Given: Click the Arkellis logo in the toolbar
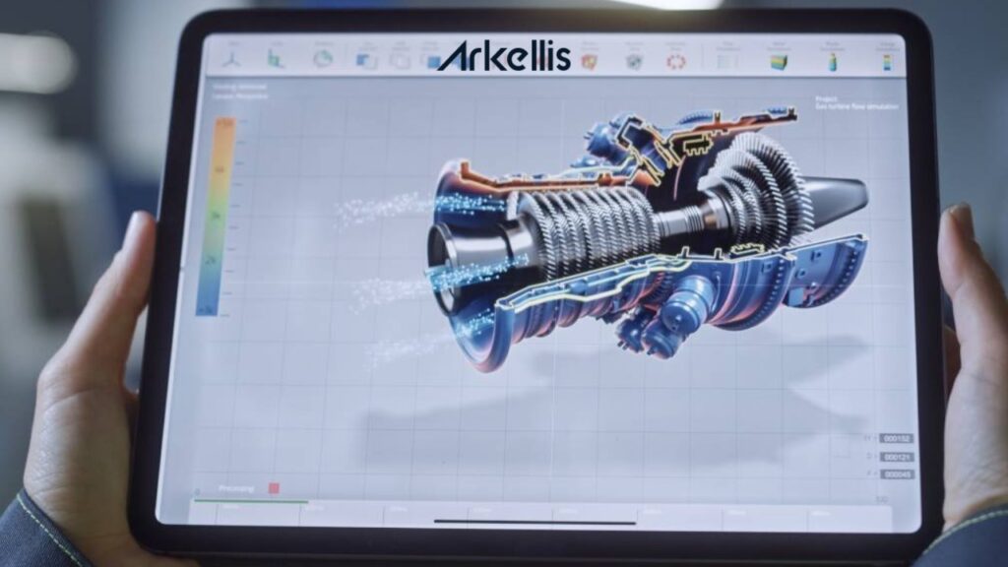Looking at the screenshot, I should tap(503, 56).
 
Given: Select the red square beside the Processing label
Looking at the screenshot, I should tap(274, 488).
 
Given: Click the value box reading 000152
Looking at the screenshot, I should tap(896, 439).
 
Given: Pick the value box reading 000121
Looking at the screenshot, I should tap(896, 457).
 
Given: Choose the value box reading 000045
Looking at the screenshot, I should tap(896, 474).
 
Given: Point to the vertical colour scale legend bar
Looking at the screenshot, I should tap(218, 215).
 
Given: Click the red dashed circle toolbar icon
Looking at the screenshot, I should tap(675, 60).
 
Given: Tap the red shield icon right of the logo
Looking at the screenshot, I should tap(590, 60).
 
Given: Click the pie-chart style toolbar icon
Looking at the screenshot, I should tap(322, 59).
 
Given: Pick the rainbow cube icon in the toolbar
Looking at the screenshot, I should tap(780, 61).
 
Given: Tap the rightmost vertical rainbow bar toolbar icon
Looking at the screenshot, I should tap(890, 61).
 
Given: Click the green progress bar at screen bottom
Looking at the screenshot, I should tap(251, 501).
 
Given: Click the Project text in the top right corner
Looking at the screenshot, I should tap(825, 99).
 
